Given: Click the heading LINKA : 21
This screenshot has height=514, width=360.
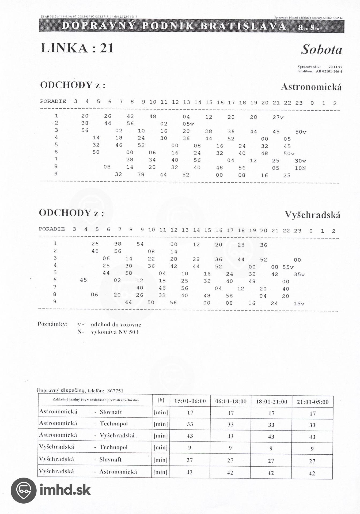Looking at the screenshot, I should point(77,48).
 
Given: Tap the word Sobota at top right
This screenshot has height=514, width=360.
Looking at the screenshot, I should point(321,50).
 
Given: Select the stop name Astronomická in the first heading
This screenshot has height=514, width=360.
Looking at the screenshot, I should point(311,87).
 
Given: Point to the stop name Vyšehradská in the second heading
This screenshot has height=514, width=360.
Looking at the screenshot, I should point(312,215).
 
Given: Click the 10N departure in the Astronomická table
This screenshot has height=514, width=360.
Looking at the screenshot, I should point(300,168).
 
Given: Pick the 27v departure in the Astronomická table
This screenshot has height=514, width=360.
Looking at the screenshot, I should point(278,117).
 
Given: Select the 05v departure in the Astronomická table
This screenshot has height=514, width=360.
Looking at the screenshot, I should point(188,124).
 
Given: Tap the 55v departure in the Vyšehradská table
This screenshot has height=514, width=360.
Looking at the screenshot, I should point(288,267).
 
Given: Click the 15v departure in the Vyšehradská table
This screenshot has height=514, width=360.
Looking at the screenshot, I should point(299,303).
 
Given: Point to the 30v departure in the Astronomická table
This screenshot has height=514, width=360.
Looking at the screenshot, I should point(300,161).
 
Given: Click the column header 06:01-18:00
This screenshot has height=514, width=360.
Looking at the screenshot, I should point(231,401).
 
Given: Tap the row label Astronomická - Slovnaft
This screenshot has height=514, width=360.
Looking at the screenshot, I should point(81,412).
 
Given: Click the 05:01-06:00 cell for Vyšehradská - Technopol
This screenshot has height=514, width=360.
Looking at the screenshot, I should point(190,448).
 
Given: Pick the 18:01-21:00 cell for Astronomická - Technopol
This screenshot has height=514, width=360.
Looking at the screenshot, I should point(271,425).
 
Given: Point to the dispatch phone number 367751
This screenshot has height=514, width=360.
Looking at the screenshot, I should point(115,391).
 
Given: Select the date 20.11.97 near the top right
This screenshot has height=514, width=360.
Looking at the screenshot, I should point(335,67).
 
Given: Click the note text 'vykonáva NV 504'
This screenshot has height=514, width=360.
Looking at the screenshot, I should point(115,332).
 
